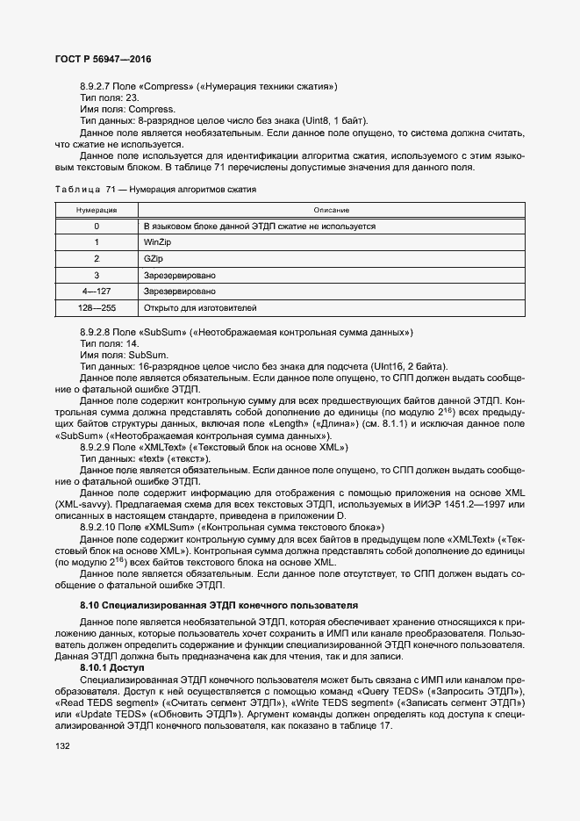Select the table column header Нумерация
coord(97,210)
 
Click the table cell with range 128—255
coord(97,307)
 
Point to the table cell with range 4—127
coord(97,291)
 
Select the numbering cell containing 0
coord(97,226)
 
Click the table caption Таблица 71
coord(80,190)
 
